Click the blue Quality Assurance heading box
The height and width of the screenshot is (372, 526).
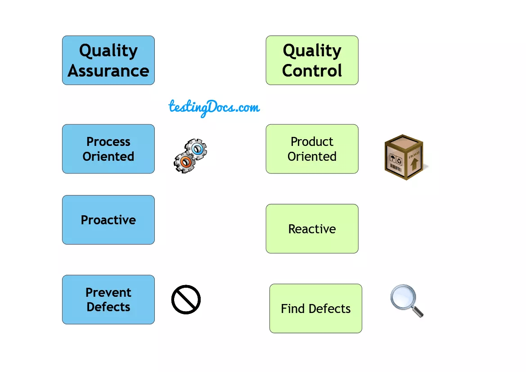click(108, 60)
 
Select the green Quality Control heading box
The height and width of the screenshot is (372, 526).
click(312, 60)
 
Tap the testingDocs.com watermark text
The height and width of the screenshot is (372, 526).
click(214, 107)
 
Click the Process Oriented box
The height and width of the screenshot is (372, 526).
click(108, 149)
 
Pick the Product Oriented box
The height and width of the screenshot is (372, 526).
click(312, 149)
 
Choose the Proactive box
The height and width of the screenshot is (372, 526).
click(108, 220)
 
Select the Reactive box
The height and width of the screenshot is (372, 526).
click(312, 229)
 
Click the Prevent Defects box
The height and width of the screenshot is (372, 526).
click(108, 299)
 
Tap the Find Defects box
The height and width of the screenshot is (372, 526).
click(315, 308)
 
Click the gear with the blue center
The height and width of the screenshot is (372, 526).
click(197, 149)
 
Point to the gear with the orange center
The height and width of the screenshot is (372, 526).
click(184, 161)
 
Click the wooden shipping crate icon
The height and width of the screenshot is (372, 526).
click(404, 157)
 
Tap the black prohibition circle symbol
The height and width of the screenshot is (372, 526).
click(186, 299)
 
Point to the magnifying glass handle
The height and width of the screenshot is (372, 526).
click(418, 311)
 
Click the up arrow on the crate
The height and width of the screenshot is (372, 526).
click(414, 163)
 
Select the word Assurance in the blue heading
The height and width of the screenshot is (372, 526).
click(108, 71)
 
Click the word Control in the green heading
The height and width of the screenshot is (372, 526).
click(312, 71)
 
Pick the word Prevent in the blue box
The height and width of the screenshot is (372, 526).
click(108, 292)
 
